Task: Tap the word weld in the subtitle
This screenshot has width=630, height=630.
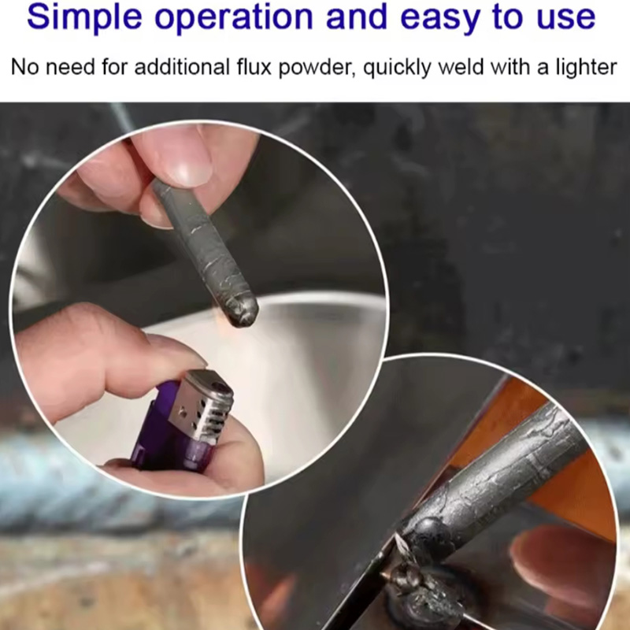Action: pos(461,67)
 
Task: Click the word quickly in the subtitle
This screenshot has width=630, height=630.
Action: pos(397,68)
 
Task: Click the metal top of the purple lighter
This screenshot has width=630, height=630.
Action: pos(202,406)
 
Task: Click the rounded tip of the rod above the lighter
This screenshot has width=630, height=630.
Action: pos(243,313)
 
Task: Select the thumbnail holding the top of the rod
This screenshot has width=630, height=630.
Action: pos(191,169)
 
